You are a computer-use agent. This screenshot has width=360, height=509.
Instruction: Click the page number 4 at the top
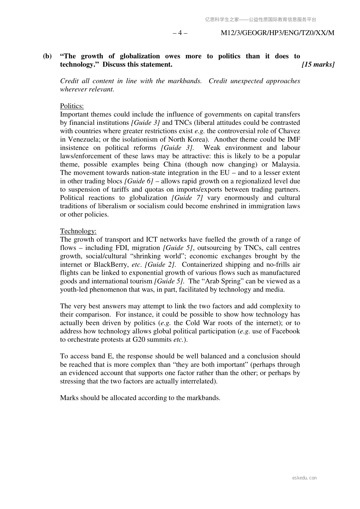180,33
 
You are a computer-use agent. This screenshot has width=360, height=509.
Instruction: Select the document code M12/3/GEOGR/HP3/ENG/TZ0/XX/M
277,33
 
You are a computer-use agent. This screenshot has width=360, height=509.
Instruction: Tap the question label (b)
47,56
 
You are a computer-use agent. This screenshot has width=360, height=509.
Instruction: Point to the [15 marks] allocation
318,64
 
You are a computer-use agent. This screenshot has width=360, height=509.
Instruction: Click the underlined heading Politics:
72,106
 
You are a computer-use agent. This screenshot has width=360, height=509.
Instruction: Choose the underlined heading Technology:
78,231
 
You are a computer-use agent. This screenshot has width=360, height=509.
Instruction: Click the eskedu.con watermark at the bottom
305,478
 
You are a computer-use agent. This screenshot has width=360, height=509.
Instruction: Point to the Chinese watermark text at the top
260,20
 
